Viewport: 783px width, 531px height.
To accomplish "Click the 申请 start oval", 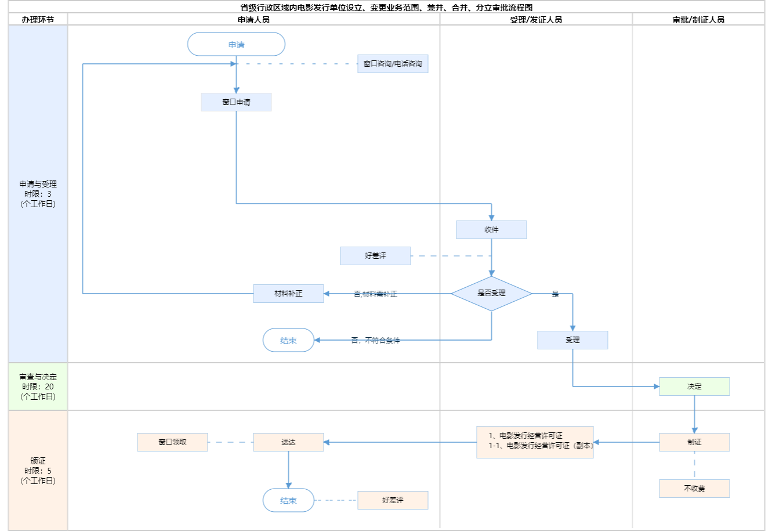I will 236,45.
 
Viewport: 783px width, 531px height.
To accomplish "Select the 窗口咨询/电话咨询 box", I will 393,64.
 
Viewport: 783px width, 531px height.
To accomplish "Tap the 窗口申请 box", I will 236,102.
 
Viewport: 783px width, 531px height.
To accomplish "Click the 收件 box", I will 491,230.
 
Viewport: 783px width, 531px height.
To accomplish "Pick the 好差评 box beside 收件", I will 375,256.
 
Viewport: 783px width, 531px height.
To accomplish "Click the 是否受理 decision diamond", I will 491,294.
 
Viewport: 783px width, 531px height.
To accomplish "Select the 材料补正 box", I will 288,294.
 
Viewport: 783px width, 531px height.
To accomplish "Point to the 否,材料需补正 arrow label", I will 375,294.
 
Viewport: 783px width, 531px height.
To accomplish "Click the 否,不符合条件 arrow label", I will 375,341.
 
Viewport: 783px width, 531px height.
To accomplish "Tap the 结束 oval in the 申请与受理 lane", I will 288,341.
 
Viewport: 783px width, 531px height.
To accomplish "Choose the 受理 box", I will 572,340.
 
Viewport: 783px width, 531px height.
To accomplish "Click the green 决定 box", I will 694,386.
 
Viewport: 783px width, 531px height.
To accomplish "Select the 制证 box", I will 694,442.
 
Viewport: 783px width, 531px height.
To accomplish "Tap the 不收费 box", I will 694,489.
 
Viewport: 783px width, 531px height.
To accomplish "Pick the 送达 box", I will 288,442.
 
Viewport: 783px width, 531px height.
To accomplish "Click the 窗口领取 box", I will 172,442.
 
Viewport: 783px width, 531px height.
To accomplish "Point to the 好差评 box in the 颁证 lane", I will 393,500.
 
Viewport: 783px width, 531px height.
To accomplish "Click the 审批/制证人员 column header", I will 698,20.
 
